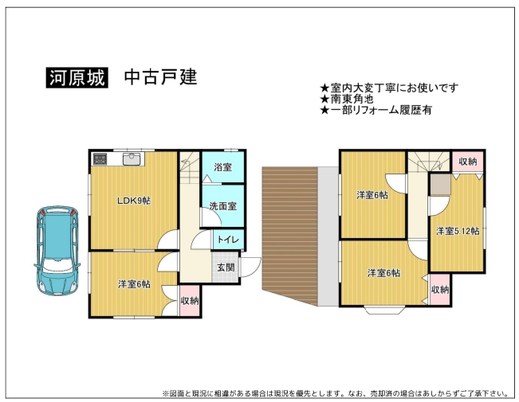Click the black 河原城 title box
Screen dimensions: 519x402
coord(77,78)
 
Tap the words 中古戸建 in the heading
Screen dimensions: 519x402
coord(160,77)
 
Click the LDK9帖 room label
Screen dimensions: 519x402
coord(134,201)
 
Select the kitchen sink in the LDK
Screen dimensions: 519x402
coord(132,158)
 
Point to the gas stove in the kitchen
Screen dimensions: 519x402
coord(100,159)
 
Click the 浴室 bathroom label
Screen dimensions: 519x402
coord(222,167)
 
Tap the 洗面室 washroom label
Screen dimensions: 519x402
coord(222,206)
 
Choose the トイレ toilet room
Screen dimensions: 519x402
coord(228,240)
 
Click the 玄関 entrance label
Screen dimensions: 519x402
coord(226,267)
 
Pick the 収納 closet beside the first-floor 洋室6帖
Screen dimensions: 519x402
coord(190,301)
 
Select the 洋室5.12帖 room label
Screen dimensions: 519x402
coord(458,231)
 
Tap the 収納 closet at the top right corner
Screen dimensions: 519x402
coord(467,162)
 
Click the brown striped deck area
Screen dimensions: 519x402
coord(290,236)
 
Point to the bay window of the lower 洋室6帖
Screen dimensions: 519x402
coord(384,310)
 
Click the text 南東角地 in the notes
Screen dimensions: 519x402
coord(352,99)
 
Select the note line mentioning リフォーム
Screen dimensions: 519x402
coord(375,110)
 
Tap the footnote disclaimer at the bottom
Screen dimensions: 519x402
coord(336,393)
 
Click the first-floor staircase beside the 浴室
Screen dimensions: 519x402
coord(190,168)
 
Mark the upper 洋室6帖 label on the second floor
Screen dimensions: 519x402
coord(372,195)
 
